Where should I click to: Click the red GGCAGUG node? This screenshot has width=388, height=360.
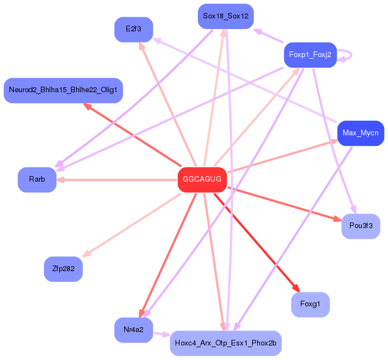202,179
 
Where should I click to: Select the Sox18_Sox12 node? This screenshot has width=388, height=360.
226,16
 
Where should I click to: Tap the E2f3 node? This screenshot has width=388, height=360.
134,29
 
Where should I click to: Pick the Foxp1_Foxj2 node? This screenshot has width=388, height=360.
310,55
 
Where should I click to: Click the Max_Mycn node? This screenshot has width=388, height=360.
361,133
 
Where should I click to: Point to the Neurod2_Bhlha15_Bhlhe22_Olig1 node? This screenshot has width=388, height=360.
63,90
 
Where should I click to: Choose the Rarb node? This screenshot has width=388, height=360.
37,179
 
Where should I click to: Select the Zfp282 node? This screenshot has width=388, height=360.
63,269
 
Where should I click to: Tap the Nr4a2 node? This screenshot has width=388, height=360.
134,330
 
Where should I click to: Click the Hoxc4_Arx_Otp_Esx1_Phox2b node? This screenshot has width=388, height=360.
225,343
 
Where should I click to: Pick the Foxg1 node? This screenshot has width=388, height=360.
310,304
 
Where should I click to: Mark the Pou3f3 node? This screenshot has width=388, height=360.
361,226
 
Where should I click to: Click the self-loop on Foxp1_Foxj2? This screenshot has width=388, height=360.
346,55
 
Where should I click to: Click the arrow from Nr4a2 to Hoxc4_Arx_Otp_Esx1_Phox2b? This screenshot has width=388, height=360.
162,335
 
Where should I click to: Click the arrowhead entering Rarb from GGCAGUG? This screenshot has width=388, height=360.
60,179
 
